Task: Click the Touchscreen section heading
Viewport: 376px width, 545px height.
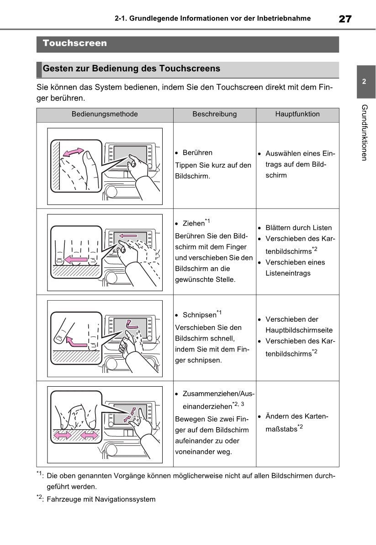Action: pyautogui.click(x=75, y=43)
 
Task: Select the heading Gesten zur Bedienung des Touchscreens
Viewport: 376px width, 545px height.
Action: pyautogui.click(x=131, y=69)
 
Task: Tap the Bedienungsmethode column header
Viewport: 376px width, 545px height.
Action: pyautogui.click(x=105, y=114)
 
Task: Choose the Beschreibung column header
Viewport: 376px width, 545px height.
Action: pyautogui.click(x=214, y=114)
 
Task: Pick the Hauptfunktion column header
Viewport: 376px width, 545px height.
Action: pyautogui.click(x=297, y=114)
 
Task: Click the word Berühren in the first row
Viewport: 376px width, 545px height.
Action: pyautogui.click(x=197, y=153)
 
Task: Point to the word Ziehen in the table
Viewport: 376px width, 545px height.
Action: pyautogui.click(x=193, y=224)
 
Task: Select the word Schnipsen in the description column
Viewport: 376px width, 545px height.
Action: pyautogui.click(x=199, y=315)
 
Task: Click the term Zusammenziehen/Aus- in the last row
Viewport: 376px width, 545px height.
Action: pyautogui.click(x=218, y=394)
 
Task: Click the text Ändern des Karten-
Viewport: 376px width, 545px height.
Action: pyautogui.click(x=297, y=417)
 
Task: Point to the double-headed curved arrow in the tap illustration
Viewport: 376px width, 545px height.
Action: pyautogui.click(x=73, y=152)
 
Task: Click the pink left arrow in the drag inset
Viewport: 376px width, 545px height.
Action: pyautogui.click(x=76, y=259)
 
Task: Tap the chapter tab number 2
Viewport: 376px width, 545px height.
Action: pyautogui.click(x=364, y=82)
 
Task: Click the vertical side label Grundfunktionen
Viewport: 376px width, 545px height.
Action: pyautogui.click(x=364, y=133)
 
